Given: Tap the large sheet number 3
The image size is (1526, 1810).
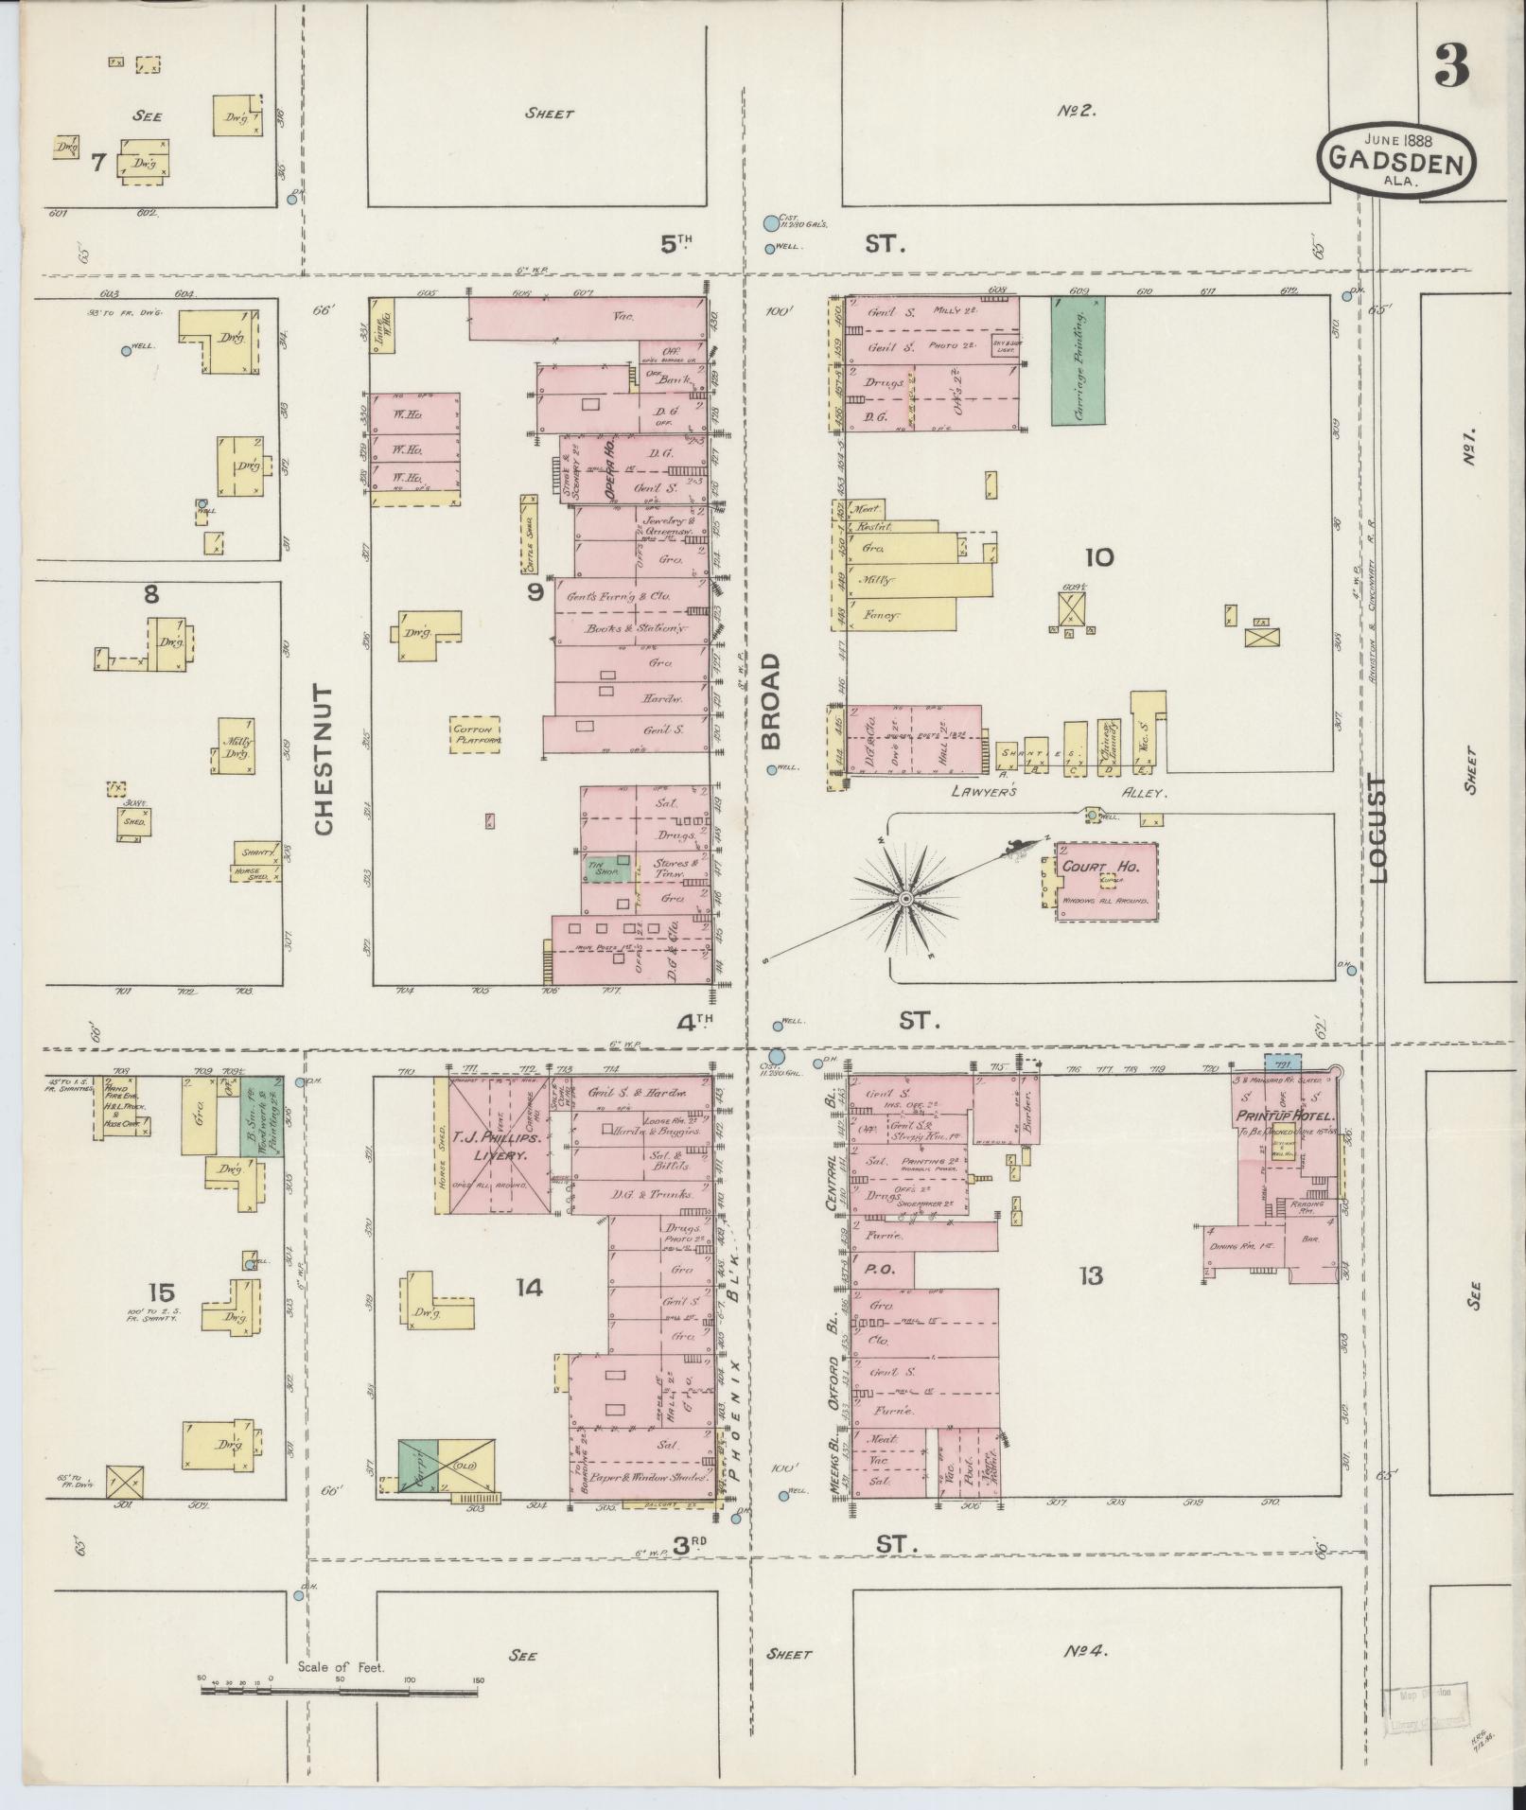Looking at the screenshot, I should [x=1451, y=63].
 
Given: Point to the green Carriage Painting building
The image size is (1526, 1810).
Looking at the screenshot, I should [x=1078, y=360].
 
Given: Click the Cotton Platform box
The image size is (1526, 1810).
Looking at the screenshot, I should [x=475, y=734].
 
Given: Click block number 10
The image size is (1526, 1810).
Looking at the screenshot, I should [x=1099, y=557].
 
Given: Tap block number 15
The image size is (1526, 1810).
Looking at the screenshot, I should [x=162, y=1292].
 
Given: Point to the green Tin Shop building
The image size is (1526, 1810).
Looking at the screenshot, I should [x=605, y=867].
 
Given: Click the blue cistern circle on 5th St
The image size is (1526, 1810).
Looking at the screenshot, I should [x=771, y=223].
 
